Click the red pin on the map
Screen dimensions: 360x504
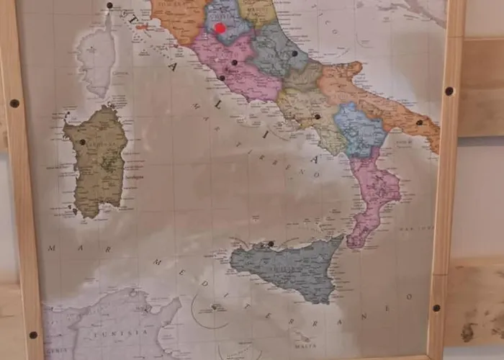[220, 28]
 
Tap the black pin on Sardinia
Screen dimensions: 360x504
[82, 142]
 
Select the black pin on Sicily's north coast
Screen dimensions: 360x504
[271, 243]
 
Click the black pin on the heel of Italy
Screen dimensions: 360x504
[419, 122]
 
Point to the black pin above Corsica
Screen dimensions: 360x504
[109, 6]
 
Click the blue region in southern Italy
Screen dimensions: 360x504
[359, 130]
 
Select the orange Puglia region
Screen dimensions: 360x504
[382, 97]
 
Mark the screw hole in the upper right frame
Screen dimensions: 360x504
[449, 91]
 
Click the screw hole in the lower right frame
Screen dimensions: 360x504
[436, 307]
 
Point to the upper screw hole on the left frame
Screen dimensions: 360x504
[14, 103]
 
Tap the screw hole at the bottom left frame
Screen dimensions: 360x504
[32, 335]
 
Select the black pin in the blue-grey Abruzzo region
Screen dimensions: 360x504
[294, 53]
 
